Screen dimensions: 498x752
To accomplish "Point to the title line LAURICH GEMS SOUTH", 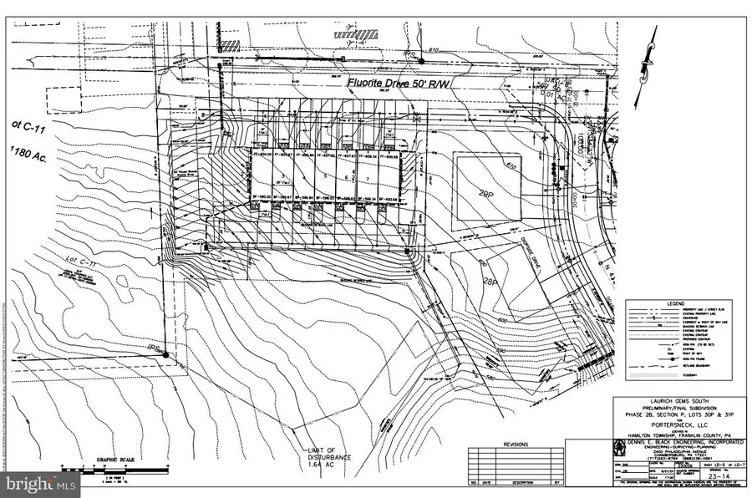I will pos(676,400).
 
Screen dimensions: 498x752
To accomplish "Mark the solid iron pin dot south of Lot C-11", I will pos(165,355).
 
